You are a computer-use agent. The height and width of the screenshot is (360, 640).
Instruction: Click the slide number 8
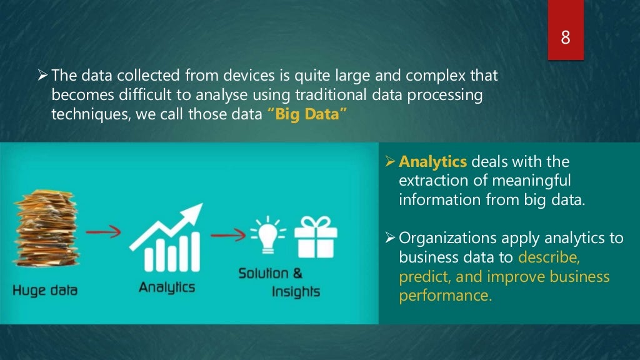565,37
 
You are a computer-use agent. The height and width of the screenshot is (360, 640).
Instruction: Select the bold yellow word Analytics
432,162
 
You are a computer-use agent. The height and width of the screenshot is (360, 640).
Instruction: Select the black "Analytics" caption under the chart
166,287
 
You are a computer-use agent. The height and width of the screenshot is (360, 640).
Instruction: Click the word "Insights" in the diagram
296,292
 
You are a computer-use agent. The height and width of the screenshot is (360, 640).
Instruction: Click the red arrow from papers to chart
102,234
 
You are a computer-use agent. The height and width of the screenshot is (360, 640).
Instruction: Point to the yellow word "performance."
445,295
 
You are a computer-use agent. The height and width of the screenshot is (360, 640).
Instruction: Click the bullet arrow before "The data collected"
42,76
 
